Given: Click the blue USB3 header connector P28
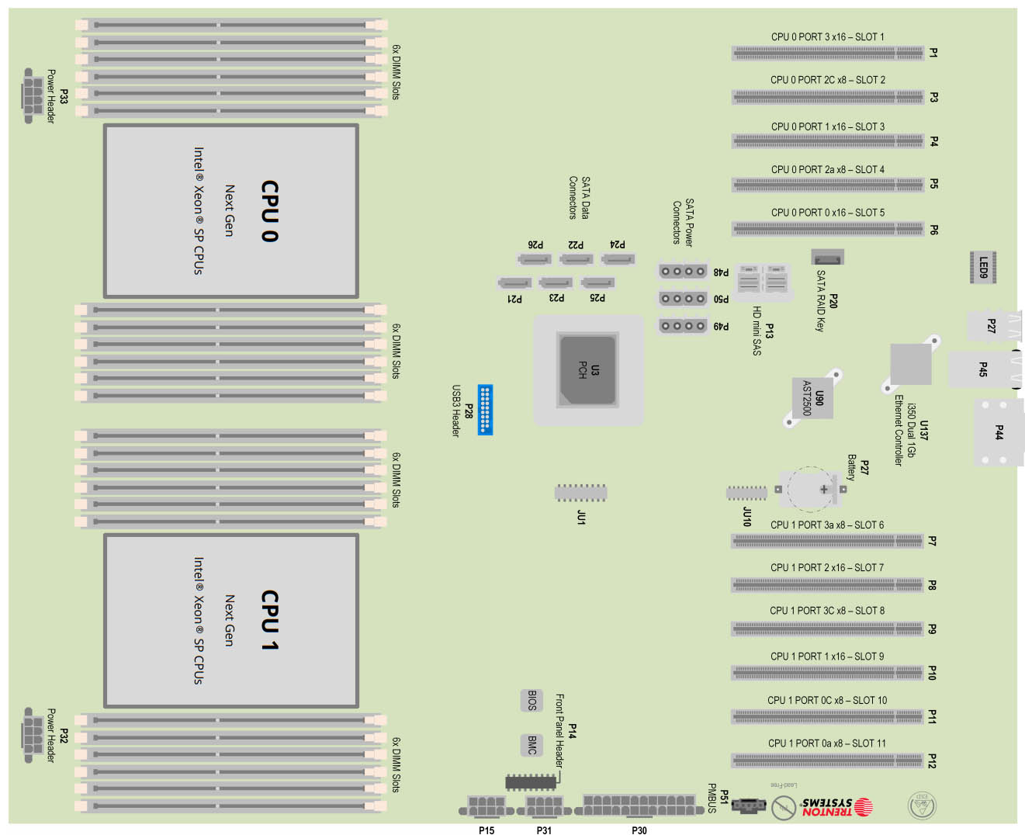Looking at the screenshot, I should [485, 409].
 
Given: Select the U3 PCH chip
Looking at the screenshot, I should [588, 370].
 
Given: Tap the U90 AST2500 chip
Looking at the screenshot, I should [812, 397].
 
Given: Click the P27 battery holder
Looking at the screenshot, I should [811, 489].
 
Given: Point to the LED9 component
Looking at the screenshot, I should [983, 267].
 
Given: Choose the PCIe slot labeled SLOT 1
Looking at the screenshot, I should [828, 54].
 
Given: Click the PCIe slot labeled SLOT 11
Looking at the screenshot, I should [827, 761].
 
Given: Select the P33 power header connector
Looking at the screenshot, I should [32, 95].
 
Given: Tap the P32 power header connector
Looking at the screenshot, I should [32, 734].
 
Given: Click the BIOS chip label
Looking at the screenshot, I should [532, 700].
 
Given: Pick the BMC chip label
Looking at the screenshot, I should [532, 745].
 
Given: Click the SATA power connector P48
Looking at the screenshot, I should [683, 272].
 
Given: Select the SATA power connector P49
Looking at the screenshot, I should [683, 326].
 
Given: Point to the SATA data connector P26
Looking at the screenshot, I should [535, 259].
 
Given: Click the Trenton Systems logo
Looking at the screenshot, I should [836, 807].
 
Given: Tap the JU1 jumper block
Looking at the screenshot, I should [580, 493].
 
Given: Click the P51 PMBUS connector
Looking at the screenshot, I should [748, 806].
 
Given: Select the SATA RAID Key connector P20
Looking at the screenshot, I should [827, 257].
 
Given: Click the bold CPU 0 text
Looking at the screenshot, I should [269, 211].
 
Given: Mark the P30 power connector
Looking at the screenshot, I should [639, 806].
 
